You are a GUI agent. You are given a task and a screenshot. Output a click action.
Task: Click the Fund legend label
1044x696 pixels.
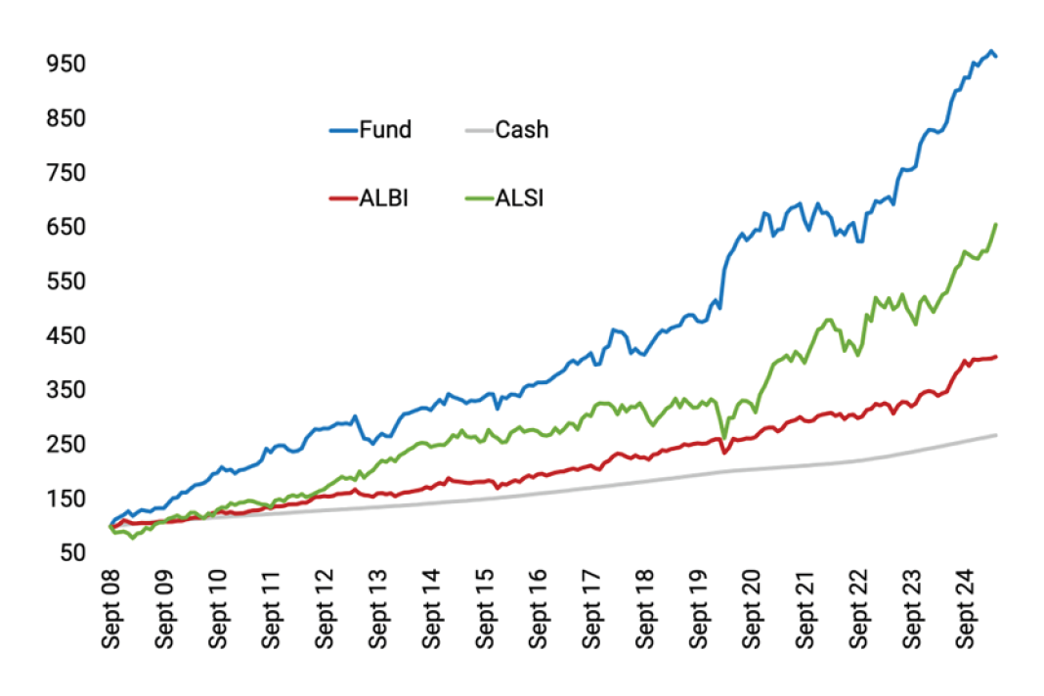coord(385,129)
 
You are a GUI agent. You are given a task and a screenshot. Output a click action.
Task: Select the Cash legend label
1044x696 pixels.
coord(522,129)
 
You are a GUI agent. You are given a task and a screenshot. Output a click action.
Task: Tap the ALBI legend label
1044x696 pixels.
coord(383,197)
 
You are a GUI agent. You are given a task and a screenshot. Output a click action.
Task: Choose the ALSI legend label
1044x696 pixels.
coord(520,197)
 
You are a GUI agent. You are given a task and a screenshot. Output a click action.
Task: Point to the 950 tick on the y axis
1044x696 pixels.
coord(66,64)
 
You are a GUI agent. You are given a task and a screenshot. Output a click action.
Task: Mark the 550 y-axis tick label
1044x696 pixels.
coord(66,282)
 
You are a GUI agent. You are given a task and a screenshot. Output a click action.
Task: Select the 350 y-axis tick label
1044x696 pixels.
coord(66,390)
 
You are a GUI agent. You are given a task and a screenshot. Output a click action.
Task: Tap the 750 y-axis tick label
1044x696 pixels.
coord(66,172)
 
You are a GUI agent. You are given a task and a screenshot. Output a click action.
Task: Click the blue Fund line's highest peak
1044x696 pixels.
coord(990,51)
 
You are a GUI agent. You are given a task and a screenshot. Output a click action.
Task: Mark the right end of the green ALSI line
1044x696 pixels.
coord(995,225)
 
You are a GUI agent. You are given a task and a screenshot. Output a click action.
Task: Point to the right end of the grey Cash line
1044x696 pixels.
coord(995,434)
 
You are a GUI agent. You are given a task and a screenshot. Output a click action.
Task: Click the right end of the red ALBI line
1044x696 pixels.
coord(995,357)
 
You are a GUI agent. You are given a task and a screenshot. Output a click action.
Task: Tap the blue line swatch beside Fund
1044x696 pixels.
coord(342,129)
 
